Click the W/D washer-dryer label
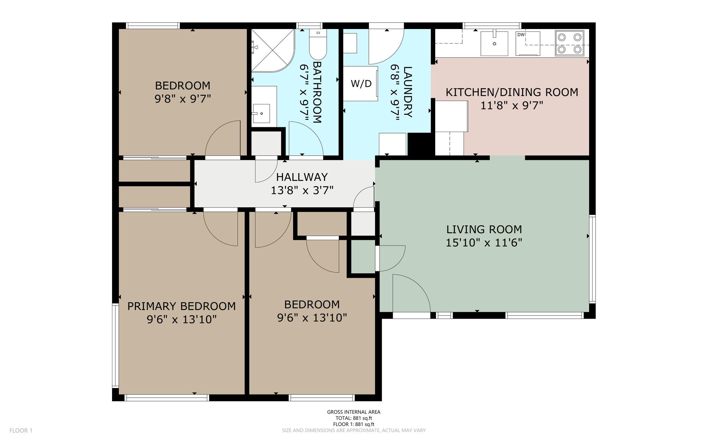point(361,84)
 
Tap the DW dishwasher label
point(521,35)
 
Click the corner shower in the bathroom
point(273,50)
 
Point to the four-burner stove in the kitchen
point(569,43)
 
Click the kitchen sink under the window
point(495,43)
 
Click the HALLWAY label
point(302,177)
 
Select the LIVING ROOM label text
point(484,229)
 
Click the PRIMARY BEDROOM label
point(181,306)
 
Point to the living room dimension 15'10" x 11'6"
point(484,243)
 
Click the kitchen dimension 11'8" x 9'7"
point(512,105)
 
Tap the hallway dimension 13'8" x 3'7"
point(302,190)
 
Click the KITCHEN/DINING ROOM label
point(512,92)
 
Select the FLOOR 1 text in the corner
point(21,431)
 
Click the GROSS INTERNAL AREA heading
point(354,412)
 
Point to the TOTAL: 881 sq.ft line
point(354,418)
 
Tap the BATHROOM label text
point(317,92)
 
